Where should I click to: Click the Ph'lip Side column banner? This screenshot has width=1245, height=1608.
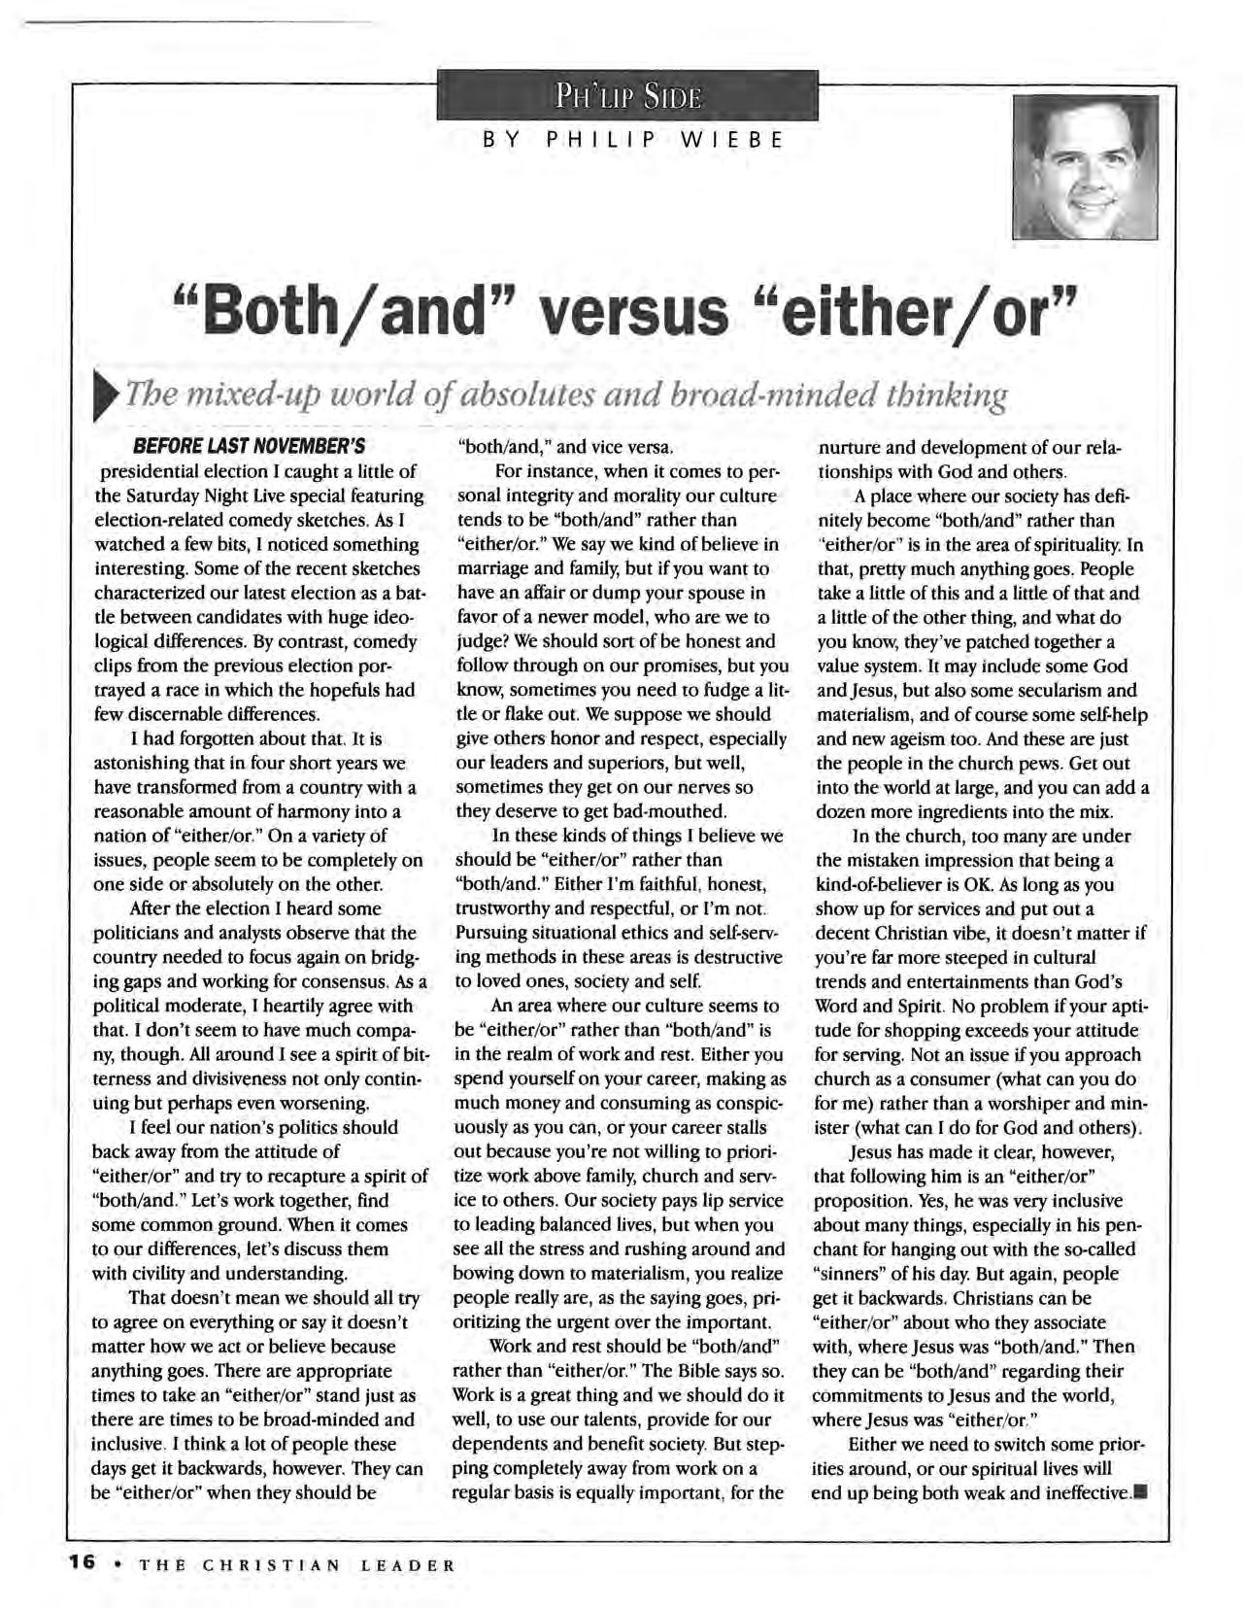[x=627, y=98]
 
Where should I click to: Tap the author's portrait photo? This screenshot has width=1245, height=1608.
[x=1085, y=167]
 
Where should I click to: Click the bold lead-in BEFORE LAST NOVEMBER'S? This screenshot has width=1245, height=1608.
[x=249, y=448]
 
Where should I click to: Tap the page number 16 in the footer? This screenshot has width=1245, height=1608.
[x=81, y=1563]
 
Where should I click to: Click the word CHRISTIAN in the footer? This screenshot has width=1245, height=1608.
[x=271, y=1564]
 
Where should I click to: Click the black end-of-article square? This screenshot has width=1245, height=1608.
[x=1141, y=1492]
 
